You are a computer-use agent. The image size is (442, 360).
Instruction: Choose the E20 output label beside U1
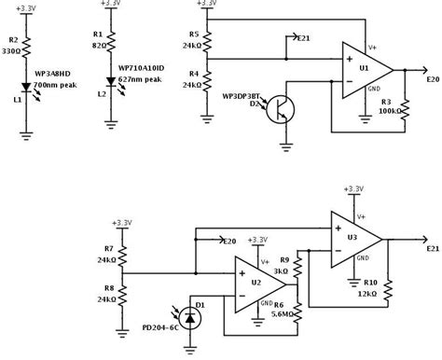tap(429, 80)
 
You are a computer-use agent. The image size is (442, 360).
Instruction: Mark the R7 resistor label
tap(108, 249)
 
